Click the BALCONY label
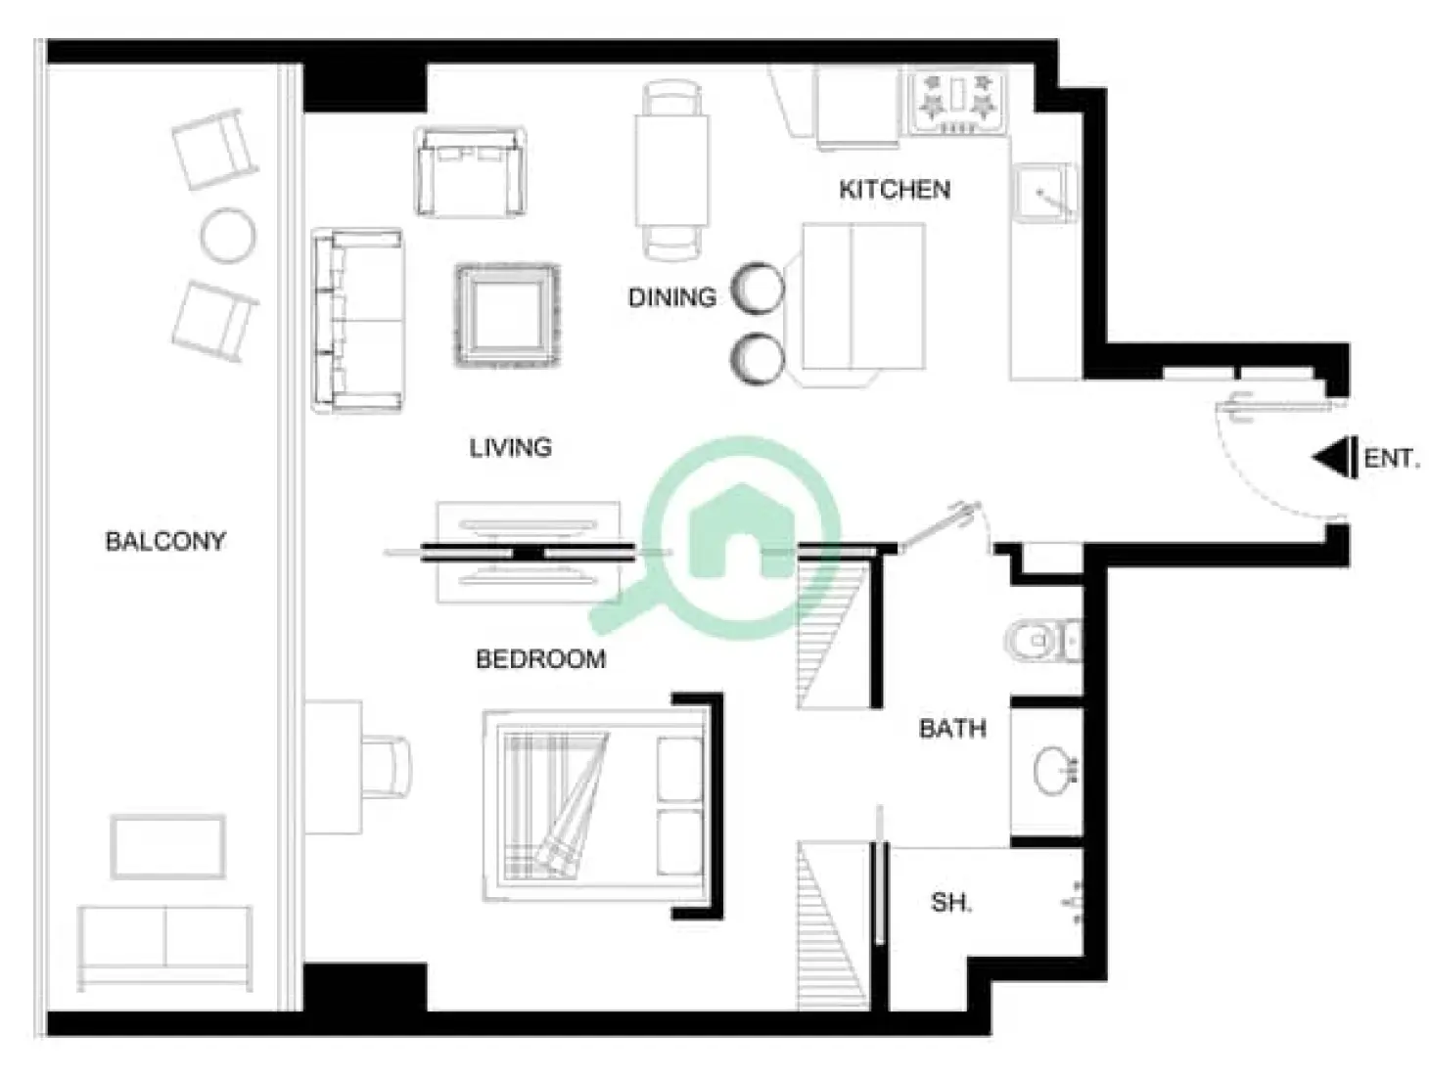pos(164,541)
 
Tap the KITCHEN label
pos(894,189)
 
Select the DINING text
pos(671,297)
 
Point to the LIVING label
pos(510,448)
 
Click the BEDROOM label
pos(540,659)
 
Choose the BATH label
pos(951,729)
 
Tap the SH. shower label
pos(950,902)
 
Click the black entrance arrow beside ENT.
pos(1333,458)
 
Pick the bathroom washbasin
pos(1053,770)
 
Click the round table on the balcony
pos(227,235)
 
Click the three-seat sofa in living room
pos(357,320)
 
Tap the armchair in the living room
pos(470,172)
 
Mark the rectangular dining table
pos(671,169)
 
